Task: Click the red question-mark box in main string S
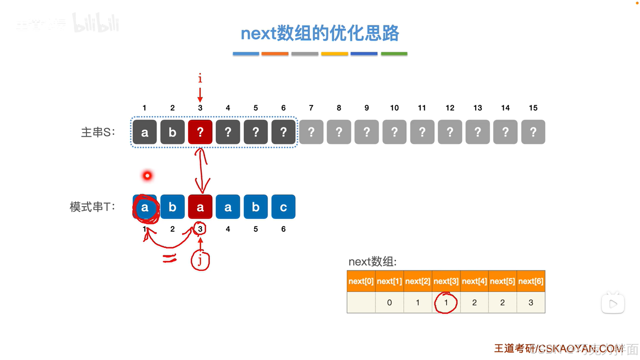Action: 200,132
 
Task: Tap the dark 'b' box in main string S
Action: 172,132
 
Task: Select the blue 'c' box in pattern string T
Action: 283,207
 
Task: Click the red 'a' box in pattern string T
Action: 200,207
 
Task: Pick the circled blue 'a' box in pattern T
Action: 145,207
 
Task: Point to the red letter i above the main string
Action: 200,79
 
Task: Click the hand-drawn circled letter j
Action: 200,261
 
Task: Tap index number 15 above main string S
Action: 533,108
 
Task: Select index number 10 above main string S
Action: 394,108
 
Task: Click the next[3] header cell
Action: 446,281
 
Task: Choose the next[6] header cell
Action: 531,281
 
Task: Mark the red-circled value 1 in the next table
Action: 446,303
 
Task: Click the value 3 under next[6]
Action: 531,303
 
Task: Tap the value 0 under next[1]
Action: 389,303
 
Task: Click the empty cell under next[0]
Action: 361,303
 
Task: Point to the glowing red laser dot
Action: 147,175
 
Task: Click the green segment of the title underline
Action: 394,53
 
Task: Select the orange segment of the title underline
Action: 275,53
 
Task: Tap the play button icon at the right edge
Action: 613,304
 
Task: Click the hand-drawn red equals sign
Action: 169,258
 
